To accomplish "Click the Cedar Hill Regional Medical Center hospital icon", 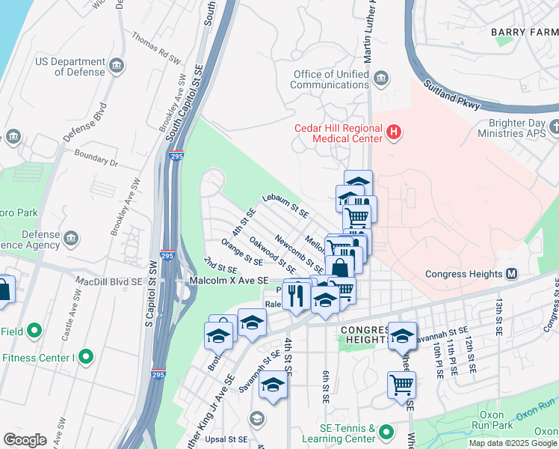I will tap(394, 134).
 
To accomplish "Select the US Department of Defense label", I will tap(71, 67).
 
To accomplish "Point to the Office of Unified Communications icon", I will tap(381, 78).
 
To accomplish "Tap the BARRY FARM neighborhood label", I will tap(524, 32).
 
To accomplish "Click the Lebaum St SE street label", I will tap(285, 205).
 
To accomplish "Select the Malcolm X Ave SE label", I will tap(229, 280).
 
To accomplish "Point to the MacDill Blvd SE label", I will tap(106, 280).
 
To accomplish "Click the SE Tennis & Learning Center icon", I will tap(386, 432).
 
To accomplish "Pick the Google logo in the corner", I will tap(25, 440).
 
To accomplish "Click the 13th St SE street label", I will tap(497, 314).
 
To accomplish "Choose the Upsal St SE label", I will tap(226, 439).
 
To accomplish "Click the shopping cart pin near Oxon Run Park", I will tap(402, 385).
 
